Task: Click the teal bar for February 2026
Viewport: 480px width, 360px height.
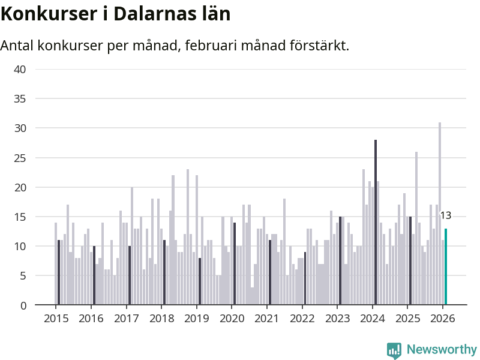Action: tap(446, 267)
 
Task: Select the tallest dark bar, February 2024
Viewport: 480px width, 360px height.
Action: tap(376, 222)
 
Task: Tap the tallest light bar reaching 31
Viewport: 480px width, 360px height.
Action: tap(440, 214)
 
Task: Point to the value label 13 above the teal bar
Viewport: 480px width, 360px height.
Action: tap(446, 216)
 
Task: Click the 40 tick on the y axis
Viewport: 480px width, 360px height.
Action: tap(20, 70)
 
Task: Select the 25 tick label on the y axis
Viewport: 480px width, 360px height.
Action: tap(20, 158)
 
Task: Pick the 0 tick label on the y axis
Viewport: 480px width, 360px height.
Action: tap(23, 306)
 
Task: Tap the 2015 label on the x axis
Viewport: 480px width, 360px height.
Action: tap(56, 318)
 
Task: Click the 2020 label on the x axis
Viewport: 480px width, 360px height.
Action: tap(232, 318)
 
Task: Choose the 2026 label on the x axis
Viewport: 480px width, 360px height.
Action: tap(443, 318)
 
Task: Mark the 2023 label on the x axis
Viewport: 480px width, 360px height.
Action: tap(337, 318)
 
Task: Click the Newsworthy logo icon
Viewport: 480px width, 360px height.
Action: tap(394, 350)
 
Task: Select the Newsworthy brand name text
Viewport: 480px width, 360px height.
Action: tap(442, 350)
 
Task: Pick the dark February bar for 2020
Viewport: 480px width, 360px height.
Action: tap(235, 264)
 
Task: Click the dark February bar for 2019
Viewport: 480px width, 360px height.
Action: tap(200, 282)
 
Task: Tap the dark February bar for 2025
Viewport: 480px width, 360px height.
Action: tap(410, 261)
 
